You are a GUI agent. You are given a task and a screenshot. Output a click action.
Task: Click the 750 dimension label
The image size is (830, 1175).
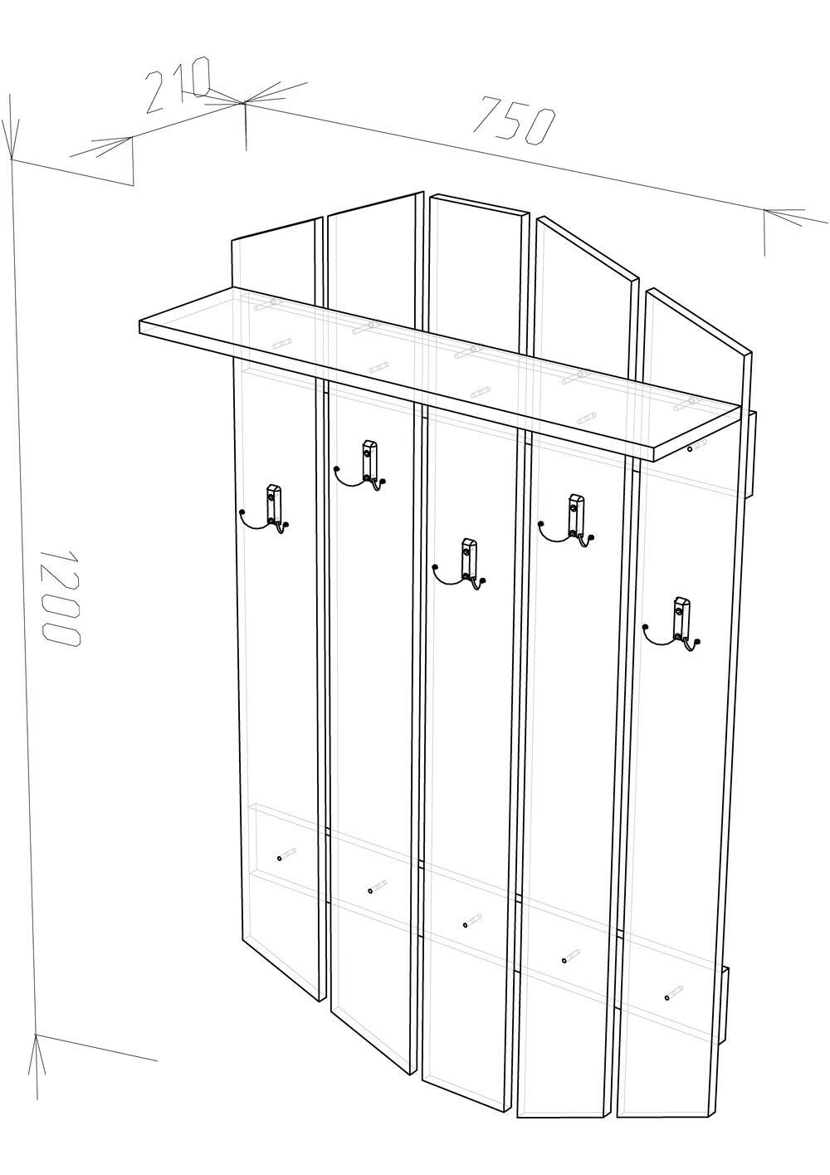(x=515, y=120)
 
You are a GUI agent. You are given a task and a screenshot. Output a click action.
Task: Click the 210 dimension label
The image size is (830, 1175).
(x=178, y=84)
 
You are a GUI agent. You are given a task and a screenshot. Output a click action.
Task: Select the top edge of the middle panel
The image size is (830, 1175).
(x=477, y=204)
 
